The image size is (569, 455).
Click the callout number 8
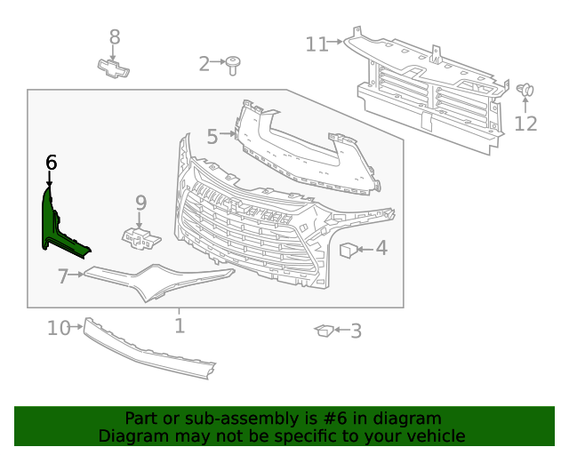114,37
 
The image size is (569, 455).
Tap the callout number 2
204,63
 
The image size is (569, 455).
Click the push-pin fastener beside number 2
235,62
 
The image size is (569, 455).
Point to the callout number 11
317,44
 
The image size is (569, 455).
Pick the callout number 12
526,123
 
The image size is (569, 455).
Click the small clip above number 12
525,90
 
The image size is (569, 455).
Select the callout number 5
212,137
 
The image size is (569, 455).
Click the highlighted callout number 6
51,163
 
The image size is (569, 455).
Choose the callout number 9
140,204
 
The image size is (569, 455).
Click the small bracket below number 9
140,237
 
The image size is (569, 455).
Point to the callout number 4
381,248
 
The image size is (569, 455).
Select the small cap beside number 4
349,250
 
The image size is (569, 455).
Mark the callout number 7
63,277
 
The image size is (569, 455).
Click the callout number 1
180,326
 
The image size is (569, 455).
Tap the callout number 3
356,332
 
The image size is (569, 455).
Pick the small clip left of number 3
324,331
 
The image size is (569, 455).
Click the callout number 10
59,329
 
